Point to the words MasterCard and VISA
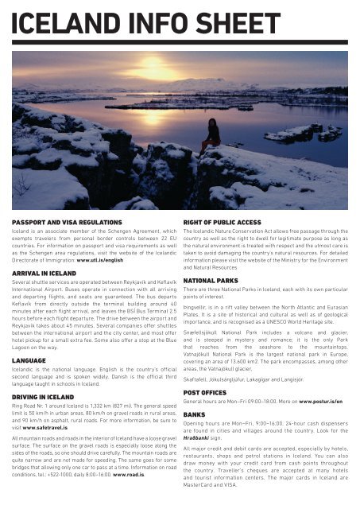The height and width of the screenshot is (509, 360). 219,490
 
